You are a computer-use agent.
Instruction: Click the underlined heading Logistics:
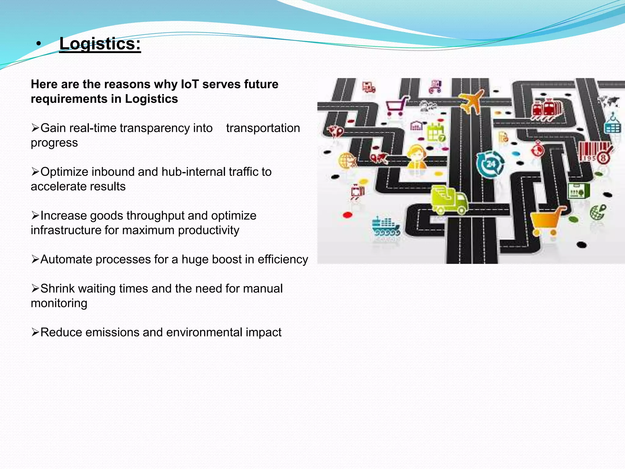tap(100, 44)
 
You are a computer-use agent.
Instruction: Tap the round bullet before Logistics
tap(38, 44)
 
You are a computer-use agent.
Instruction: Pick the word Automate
tap(65, 259)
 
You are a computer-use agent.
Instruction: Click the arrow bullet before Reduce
tap(35, 332)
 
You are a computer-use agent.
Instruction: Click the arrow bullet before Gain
tap(35, 128)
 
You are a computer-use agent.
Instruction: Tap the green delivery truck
tap(449, 200)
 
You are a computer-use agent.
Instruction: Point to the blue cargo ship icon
tap(385, 226)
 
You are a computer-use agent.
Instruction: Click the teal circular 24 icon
tap(490, 164)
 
